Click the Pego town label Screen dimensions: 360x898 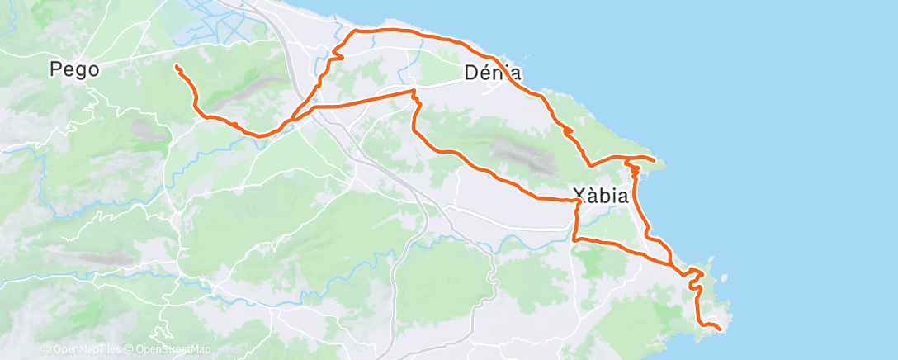(x=74, y=69)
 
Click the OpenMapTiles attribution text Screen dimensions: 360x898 (x=83, y=350)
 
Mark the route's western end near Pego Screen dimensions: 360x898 (x=177, y=66)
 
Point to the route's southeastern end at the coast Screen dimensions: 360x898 (x=721, y=329)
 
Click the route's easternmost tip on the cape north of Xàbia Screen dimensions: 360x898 (x=655, y=159)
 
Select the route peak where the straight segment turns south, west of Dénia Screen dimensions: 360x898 (x=414, y=92)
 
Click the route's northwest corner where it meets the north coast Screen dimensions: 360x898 (x=356, y=31)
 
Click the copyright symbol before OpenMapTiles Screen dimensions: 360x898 (x=45, y=350)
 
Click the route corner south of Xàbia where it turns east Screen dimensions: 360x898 (x=574, y=239)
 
